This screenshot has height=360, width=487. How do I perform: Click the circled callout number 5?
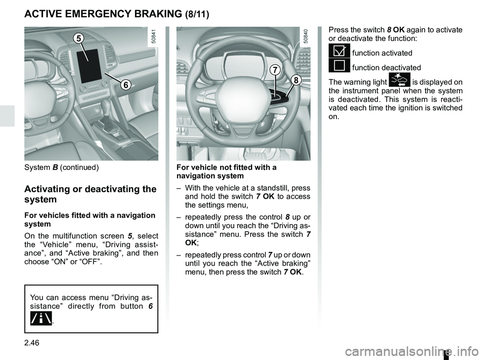[78, 38]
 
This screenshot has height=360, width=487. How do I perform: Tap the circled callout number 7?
[274, 70]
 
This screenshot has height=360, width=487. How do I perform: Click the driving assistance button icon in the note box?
[41, 317]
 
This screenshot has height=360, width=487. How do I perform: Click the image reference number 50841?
[153, 38]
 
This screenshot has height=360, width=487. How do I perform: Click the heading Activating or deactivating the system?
[90, 194]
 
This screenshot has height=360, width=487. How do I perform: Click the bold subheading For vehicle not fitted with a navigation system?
[226, 171]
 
